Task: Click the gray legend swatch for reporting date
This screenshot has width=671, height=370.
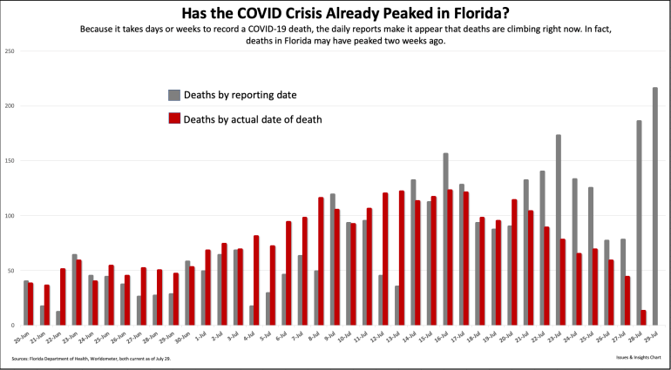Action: coord(173,94)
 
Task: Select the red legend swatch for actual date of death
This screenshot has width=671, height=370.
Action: coord(173,118)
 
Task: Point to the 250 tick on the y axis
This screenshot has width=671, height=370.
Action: coord(10,51)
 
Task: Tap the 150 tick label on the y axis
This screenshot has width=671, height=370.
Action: coord(10,161)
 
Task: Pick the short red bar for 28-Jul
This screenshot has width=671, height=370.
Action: coord(644,317)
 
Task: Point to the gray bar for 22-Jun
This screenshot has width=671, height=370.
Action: coord(58,317)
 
